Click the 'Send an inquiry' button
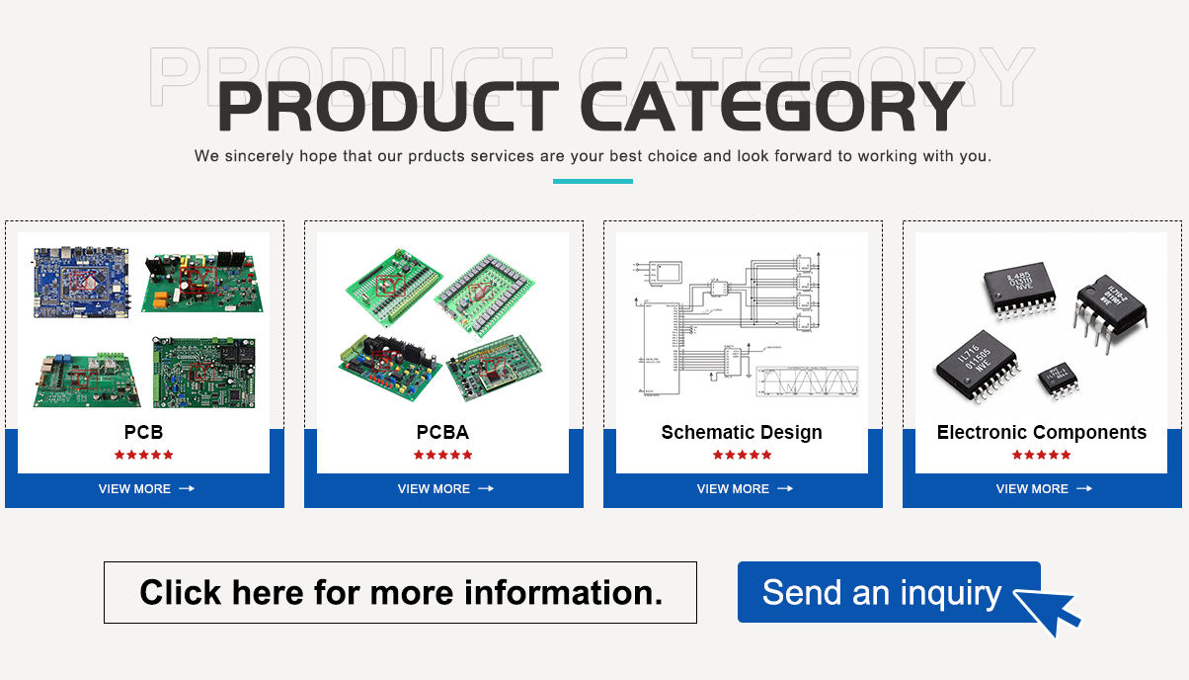[881, 592]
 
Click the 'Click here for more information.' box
[400, 592]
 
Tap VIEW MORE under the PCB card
[145, 488]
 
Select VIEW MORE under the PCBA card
[444, 488]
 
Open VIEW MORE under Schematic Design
[744, 488]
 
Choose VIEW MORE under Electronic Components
[1043, 488]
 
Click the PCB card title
[143, 432]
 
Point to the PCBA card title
[442, 432]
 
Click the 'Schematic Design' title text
[742, 432]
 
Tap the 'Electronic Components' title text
[1041, 432]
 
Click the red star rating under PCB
[143, 455]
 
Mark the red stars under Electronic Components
[1041, 455]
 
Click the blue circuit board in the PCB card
[81, 283]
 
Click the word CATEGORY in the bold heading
[771, 107]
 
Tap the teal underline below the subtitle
[593, 181]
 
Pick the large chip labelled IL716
[976, 366]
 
